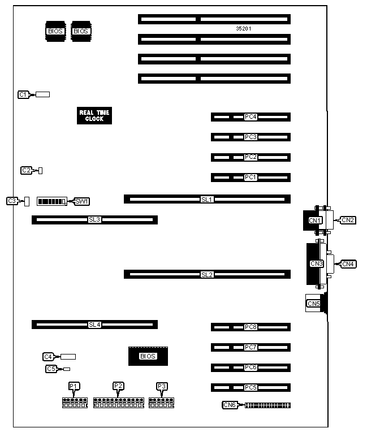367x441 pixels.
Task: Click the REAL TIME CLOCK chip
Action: [x=94, y=115]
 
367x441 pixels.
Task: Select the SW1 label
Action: [x=82, y=201]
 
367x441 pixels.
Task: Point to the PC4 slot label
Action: [x=251, y=117]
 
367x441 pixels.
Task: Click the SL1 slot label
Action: [x=207, y=199]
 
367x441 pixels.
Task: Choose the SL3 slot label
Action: [x=94, y=219]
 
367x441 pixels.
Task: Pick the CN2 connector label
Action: [x=348, y=220]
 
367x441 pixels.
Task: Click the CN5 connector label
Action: [x=313, y=304]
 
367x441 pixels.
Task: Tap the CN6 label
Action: [x=230, y=405]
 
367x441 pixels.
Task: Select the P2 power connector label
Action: [x=118, y=386]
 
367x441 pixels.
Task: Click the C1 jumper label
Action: [x=23, y=94]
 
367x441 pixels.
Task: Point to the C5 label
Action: [x=51, y=369]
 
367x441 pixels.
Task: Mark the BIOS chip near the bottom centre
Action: [x=147, y=356]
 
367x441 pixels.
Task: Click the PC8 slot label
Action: [x=251, y=327]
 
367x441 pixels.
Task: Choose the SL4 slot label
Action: [x=94, y=325]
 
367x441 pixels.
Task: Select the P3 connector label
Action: [x=162, y=386]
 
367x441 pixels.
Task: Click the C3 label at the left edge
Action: [x=12, y=201]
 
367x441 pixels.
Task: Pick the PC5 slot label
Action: [x=251, y=387]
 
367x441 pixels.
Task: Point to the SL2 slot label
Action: [x=207, y=274]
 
